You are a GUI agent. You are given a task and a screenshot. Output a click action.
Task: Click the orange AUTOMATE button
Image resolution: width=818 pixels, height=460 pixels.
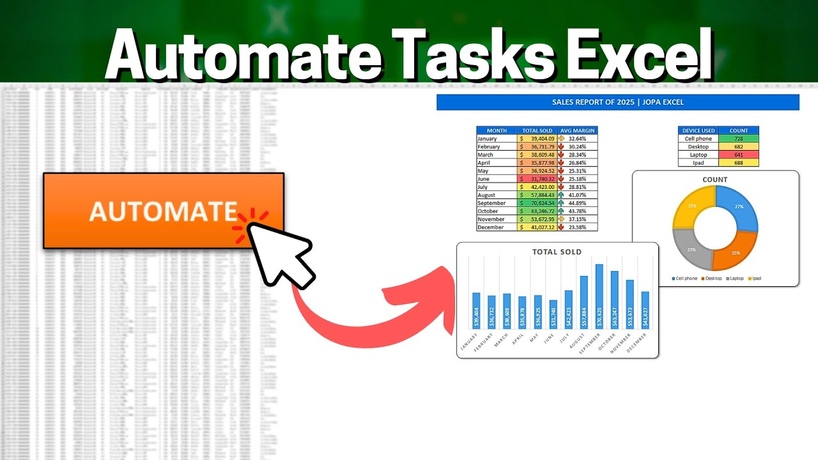[163, 210]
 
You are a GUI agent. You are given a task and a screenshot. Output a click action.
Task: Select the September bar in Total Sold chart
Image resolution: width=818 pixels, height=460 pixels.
[599, 296]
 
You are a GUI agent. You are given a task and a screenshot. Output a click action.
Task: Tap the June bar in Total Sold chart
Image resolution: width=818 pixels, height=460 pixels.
[553, 314]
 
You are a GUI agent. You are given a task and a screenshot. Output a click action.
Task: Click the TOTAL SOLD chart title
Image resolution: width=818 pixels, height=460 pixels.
[557, 252]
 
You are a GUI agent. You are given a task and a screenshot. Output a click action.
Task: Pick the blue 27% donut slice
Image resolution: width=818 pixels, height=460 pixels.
[737, 207]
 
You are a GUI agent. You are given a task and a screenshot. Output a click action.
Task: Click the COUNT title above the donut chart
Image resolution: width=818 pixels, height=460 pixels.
[714, 180]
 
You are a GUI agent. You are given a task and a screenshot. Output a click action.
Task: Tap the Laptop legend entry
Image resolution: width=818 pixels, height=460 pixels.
[736, 279]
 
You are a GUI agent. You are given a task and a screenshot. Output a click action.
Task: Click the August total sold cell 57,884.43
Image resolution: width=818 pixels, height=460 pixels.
[537, 195]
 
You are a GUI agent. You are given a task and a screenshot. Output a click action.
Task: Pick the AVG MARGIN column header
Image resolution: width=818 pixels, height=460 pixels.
[577, 130]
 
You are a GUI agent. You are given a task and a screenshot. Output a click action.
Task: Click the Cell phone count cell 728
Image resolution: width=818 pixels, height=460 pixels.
[738, 139]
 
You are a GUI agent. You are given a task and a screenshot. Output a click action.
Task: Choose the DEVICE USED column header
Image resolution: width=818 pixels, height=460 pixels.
[698, 130]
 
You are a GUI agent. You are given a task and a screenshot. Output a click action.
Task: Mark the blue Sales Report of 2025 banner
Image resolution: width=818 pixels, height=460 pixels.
[617, 102]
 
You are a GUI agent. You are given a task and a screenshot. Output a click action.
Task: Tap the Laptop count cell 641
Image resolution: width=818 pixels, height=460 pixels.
[738, 155]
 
